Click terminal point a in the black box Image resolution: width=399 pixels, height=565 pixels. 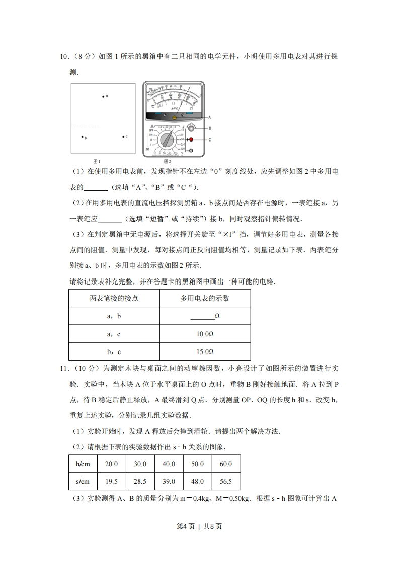(103, 96)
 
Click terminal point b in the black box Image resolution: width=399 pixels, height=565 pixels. (83, 137)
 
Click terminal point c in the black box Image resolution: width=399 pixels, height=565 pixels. (123, 137)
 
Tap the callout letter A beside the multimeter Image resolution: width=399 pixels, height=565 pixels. (209, 118)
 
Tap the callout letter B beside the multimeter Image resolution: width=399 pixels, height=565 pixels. (209, 128)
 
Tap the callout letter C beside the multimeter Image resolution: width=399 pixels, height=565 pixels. (209, 139)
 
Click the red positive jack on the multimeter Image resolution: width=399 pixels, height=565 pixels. (191, 139)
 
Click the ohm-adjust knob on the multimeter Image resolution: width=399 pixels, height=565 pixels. (191, 128)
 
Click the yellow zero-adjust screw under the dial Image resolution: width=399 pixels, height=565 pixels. (174, 118)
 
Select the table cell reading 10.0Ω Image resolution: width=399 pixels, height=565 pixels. (205, 334)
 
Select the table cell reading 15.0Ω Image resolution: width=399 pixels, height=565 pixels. (205, 352)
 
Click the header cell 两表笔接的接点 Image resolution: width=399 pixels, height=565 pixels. (114, 298)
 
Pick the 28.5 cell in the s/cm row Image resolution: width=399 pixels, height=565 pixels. (140, 482)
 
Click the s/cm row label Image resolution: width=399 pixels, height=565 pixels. (83, 482)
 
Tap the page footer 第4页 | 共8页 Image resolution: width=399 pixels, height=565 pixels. (199, 527)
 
